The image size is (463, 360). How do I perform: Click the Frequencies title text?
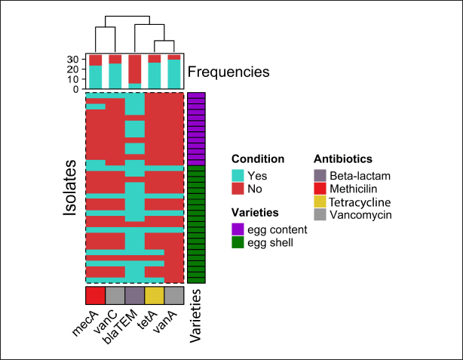click(228, 72)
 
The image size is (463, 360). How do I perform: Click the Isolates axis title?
click(70, 188)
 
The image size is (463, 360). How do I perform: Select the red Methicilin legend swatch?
click(320, 188)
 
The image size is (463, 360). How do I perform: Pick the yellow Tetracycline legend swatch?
click(320, 202)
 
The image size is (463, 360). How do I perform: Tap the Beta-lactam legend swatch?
click(320, 175)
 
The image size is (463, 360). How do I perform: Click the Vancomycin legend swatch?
click(320, 215)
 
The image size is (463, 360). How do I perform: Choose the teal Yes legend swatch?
click(238, 175)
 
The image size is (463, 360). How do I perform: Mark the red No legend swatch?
click(238, 188)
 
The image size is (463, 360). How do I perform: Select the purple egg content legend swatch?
click(238, 229)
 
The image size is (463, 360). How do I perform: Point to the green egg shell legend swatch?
click(238, 242)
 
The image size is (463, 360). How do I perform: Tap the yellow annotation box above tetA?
click(154, 295)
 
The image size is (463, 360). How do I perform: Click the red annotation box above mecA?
click(95, 295)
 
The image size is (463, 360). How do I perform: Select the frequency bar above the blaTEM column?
click(134, 71)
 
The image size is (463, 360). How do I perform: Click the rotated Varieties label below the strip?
click(195, 316)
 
